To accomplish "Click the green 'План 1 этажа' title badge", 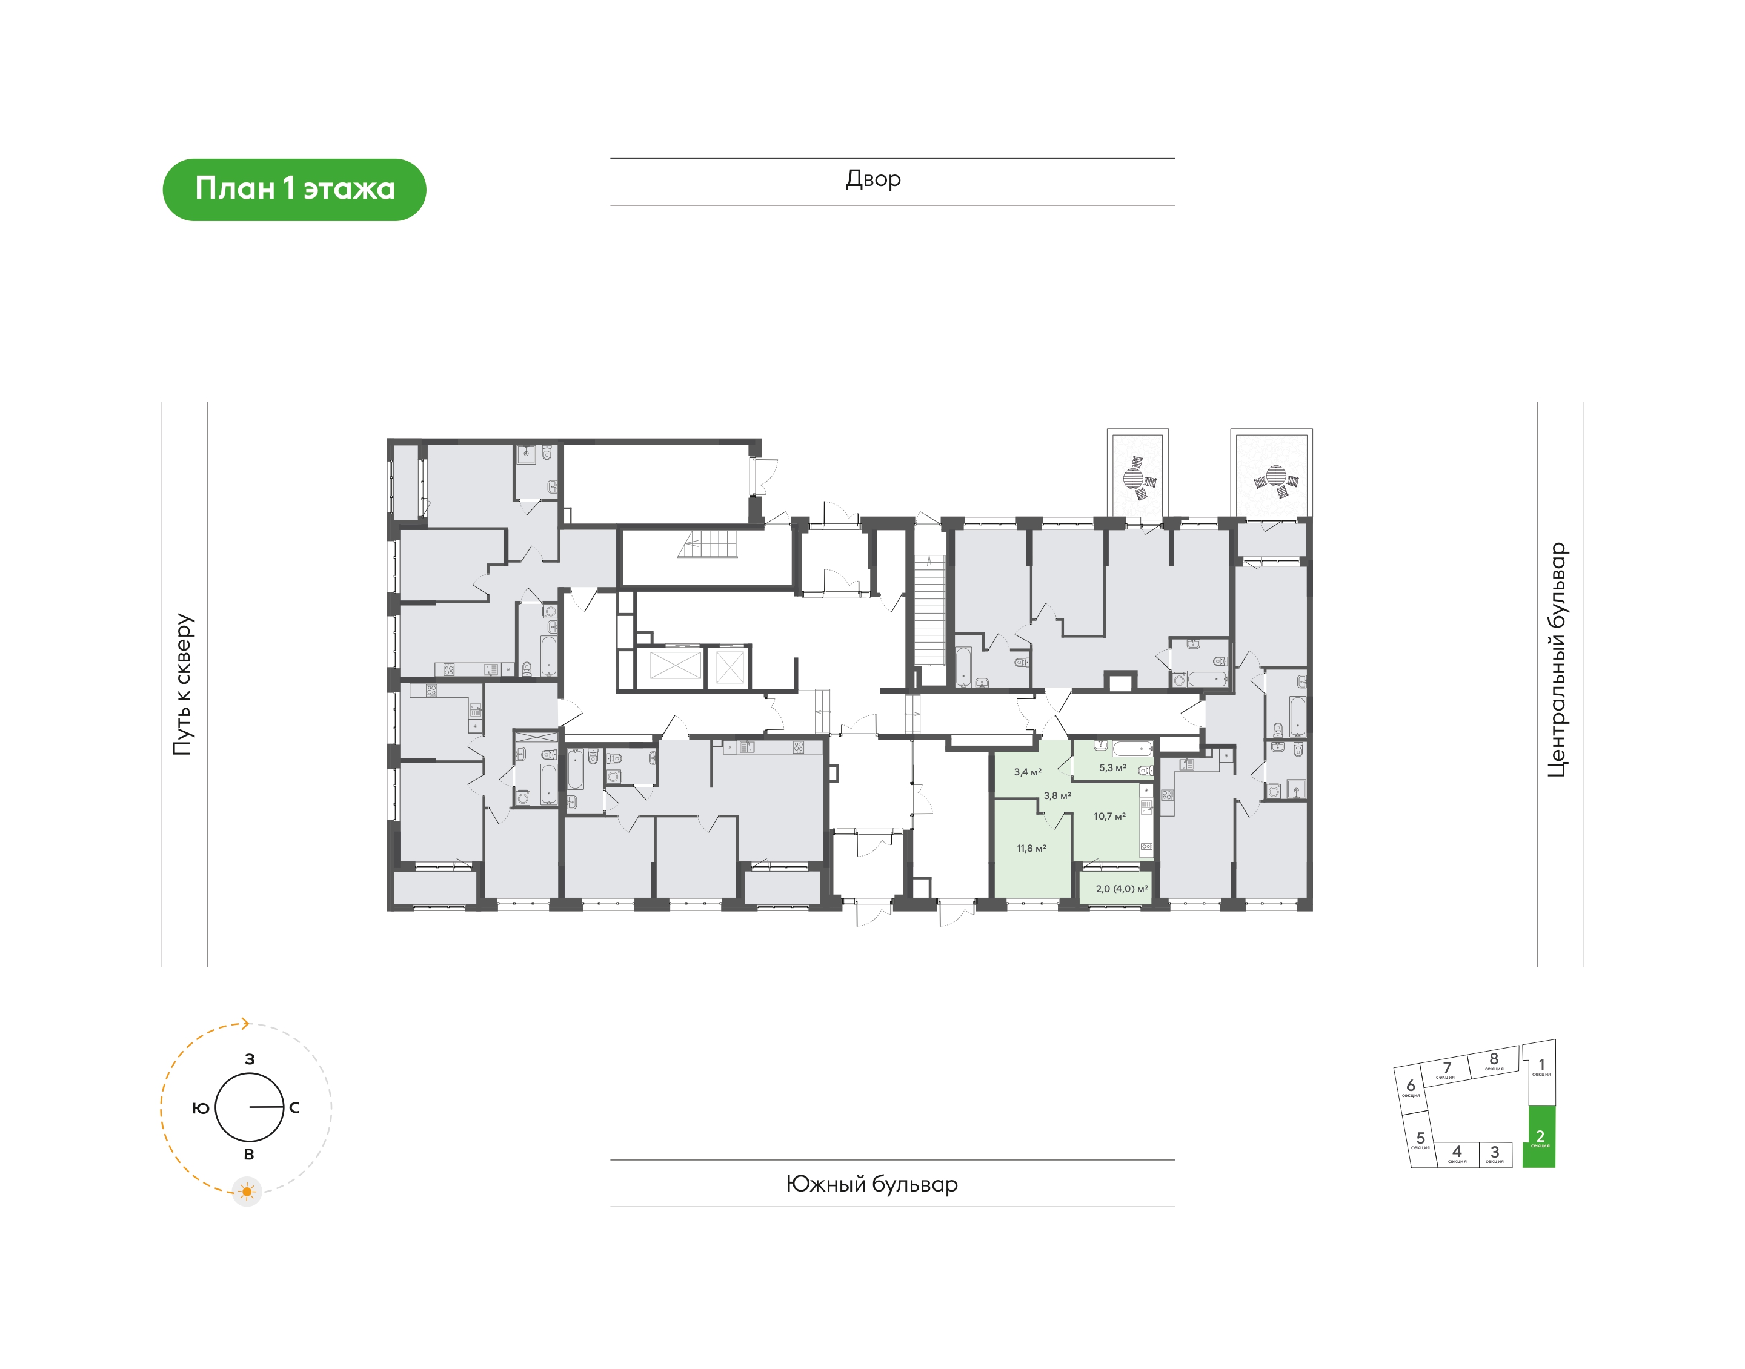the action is [294, 189].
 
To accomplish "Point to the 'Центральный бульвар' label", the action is [1556, 660].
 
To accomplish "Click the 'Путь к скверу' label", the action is [183, 684].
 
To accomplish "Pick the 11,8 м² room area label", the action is [1032, 848].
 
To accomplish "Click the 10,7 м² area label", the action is [1109, 816].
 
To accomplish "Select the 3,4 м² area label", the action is [1028, 772].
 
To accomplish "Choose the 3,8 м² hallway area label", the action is [1057, 795].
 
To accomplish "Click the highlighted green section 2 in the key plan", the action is [1538, 1136].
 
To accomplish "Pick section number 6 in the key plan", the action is [1411, 1086].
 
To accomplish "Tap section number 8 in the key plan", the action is [1494, 1059].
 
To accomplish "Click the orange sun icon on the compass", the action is [247, 1192].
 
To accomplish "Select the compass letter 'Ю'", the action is [201, 1108].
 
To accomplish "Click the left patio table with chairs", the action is [1137, 478].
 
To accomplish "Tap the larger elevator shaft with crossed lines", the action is [675, 666].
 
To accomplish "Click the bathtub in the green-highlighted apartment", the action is [1132, 749].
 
